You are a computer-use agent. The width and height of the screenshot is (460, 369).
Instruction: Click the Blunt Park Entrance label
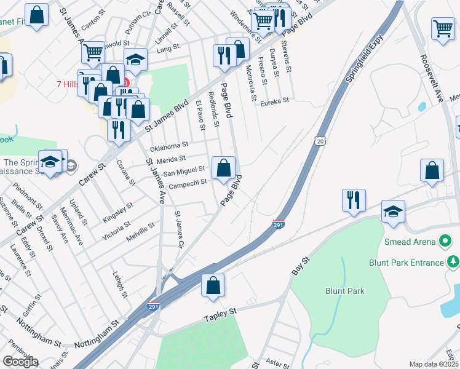[x=406, y=263]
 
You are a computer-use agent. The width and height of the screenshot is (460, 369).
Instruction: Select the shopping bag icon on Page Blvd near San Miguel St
[x=223, y=168]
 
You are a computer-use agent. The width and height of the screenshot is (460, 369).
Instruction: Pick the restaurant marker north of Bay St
[x=354, y=200]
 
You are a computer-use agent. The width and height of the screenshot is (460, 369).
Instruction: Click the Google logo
[x=20, y=362]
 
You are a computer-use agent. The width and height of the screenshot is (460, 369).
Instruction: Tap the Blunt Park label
[x=345, y=291]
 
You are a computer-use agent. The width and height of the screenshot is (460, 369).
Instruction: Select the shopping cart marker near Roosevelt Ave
[x=443, y=29]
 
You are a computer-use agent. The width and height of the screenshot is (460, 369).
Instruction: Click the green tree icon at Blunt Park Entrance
[x=453, y=263]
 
